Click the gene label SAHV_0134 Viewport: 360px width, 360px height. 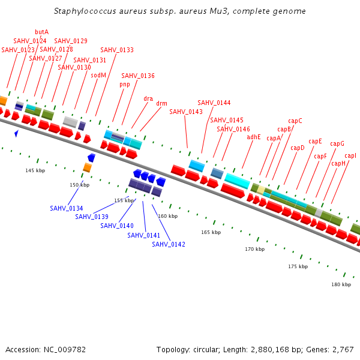(x=67, y=208)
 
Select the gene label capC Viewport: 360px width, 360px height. (x=295, y=121)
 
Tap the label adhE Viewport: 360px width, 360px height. (x=254, y=137)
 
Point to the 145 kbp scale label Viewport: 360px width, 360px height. (x=35, y=171)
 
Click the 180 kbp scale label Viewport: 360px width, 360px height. (x=341, y=284)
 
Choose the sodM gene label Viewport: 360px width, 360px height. (x=98, y=75)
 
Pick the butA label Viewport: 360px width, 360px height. (x=42, y=32)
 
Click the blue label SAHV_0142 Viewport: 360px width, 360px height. (x=169, y=244)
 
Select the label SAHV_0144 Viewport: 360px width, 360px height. (x=214, y=103)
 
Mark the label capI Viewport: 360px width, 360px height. (x=350, y=156)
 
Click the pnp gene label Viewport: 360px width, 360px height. (x=125, y=85)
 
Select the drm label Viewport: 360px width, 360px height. (x=162, y=103)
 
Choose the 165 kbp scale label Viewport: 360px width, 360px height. (x=211, y=232)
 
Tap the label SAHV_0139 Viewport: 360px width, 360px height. (x=92, y=217)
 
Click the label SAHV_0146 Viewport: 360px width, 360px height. (x=233, y=129)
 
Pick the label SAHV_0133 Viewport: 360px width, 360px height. (x=117, y=50)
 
